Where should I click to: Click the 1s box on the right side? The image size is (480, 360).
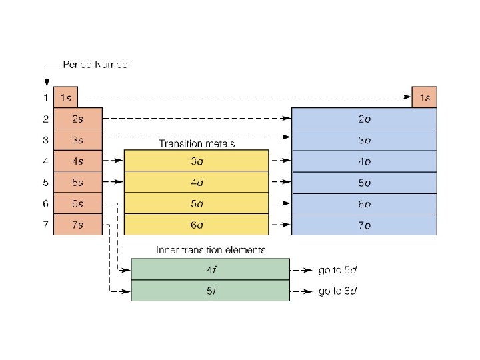(x=424, y=97)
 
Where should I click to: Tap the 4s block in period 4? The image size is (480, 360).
(x=77, y=161)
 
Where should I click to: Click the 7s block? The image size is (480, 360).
(x=77, y=225)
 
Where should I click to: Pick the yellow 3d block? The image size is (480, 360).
(x=196, y=161)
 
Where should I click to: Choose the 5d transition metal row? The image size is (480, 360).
(x=196, y=203)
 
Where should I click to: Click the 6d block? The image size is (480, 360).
(x=196, y=225)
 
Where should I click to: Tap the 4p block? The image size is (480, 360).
(x=364, y=161)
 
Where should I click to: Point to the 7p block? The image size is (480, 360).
(x=364, y=225)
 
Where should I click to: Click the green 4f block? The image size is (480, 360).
(x=210, y=269)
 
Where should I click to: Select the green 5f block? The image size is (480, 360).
(x=210, y=291)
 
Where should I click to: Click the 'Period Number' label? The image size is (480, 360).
(x=97, y=65)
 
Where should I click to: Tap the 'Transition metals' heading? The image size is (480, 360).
(x=197, y=143)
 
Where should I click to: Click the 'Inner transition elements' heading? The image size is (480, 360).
(x=211, y=250)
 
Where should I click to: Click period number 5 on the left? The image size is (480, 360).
(x=45, y=182)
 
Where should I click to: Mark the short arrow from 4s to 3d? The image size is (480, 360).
(x=113, y=161)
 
